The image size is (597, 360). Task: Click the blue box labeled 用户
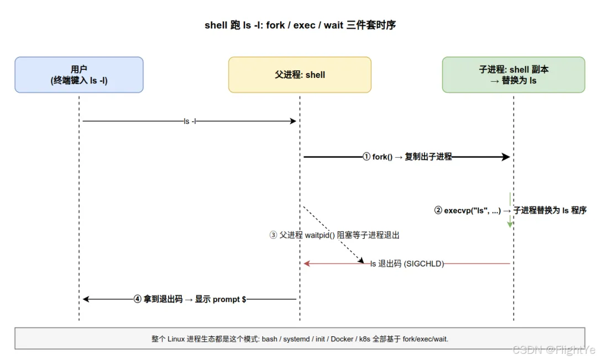coord(79,75)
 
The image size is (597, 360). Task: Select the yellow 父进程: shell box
coord(300,75)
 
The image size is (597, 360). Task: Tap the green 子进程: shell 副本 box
coord(514,75)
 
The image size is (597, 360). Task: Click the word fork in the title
coord(275,25)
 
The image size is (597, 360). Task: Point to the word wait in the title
coord(333,25)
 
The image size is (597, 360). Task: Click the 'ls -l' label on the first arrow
coord(190,121)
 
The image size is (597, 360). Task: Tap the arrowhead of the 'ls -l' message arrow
coord(293,121)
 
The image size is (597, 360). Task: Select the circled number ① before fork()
coord(366,156)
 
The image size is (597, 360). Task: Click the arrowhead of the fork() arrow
coord(506,156)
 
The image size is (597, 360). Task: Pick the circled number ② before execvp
coord(438,210)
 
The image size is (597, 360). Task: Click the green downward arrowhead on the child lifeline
coord(510,225)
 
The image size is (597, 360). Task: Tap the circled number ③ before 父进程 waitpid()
coord(274,235)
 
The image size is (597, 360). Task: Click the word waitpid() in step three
coord(320,235)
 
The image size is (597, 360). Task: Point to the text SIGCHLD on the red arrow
coord(424,264)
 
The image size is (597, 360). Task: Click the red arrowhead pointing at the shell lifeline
coord(307,264)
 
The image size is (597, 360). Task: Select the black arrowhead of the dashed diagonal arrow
coord(361,260)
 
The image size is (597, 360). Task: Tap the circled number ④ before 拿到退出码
coord(138,299)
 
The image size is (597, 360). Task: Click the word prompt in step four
coord(226,299)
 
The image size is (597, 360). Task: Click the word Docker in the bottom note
coord(342,339)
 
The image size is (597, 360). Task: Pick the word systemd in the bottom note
coord(297,339)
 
